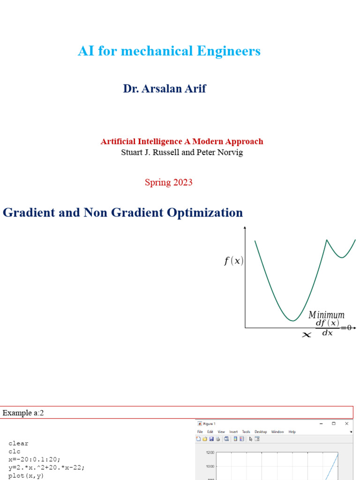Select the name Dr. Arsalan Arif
click(x=165, y=89)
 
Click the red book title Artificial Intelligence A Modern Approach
click(x=182, y=142)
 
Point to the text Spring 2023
click(x=168, y=182)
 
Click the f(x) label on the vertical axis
click(x=233, y=262)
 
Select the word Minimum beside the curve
click(x=326, y=315)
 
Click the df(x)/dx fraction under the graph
click(x=327, y=328)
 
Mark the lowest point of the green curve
click(x=292, y=321)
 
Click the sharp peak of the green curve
click(x=327, y=240)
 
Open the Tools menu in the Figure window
click(x=246, y=432)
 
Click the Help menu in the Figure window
click(x=292, y=432)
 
